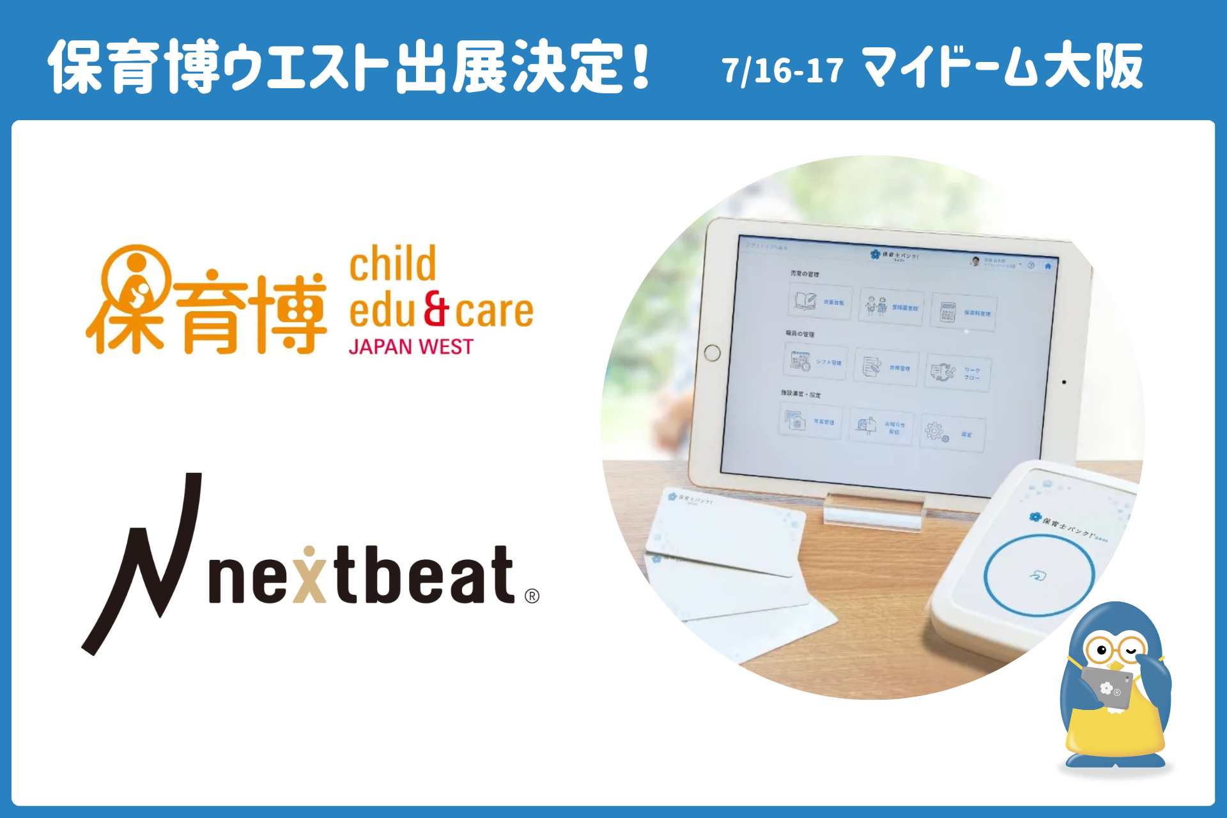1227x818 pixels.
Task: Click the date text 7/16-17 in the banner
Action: pyautogui.click(x=782, y=70)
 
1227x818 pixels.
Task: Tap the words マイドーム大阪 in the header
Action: pyautogui.click(x=1002, y=67)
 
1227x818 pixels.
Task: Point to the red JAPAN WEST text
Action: pyautogui.click(x=411, y=346)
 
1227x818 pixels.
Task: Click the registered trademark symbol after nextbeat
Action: pyautogui.click(x=532, y=596)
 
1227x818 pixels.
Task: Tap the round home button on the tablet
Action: pyautogui.click(x=712, y=353)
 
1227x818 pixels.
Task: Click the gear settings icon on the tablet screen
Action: pyautogui.click(x=935, y=431)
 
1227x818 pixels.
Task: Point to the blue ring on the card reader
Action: pyautogui.click(x=1039, y=575)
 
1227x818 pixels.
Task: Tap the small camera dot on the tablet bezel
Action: pyautogui.click(x=1064, y=382)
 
